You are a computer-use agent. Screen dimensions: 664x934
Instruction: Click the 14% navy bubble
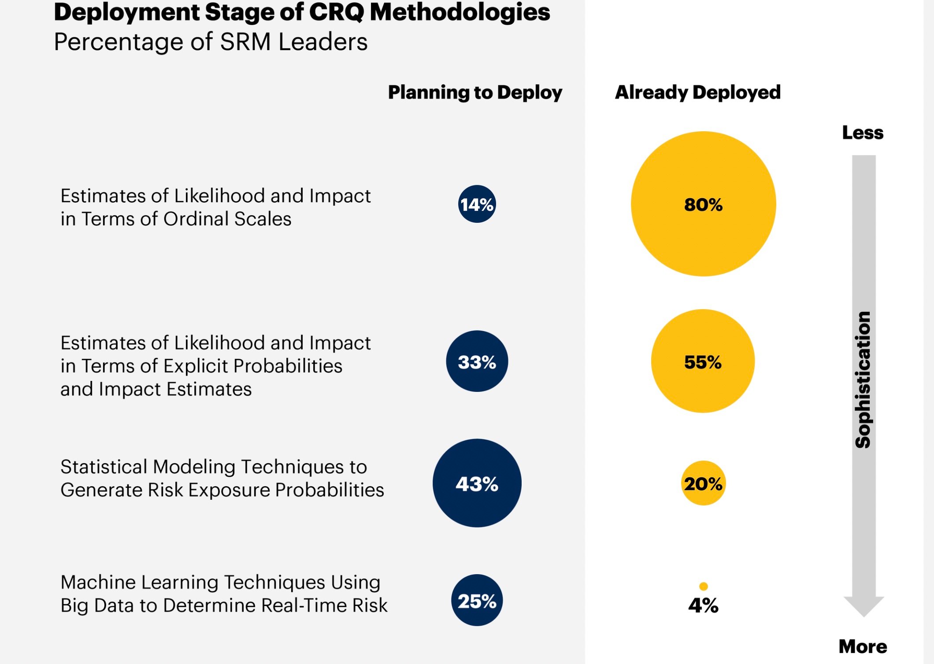pos(477,204)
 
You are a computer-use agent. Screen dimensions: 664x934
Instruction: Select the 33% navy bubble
pos(477,361)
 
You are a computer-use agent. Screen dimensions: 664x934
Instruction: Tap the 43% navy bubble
pos(477,483)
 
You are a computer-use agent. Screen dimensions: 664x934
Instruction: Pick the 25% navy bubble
pos(477,600)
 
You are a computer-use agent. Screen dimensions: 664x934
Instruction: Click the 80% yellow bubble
pos(703,204)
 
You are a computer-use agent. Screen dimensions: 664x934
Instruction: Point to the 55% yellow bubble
pos(703,361)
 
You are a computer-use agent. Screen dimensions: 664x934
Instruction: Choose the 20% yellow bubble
pos(703,483)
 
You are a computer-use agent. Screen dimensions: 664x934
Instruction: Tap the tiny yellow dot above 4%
pos(703,586)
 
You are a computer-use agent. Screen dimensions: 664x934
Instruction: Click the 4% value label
pos(703,606)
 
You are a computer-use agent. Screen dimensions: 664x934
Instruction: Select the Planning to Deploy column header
pos(475,92)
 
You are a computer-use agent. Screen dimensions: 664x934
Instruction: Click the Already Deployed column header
pos(697,92)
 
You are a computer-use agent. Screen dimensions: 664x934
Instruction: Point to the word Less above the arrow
pos(863,133)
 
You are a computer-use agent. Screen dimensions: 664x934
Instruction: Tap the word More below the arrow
pos(863,646)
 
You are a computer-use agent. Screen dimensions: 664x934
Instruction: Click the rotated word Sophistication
pos(863,380)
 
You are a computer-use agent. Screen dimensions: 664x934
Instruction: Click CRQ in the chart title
pos(336,12)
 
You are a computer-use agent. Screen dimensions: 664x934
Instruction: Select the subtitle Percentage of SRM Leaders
pos(211,42)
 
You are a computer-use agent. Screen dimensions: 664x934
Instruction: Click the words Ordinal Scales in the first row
pos(227,219)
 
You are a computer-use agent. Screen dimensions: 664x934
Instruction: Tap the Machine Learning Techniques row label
pos(224,594)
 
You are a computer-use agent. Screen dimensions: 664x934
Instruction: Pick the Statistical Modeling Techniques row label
pos(222,478)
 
